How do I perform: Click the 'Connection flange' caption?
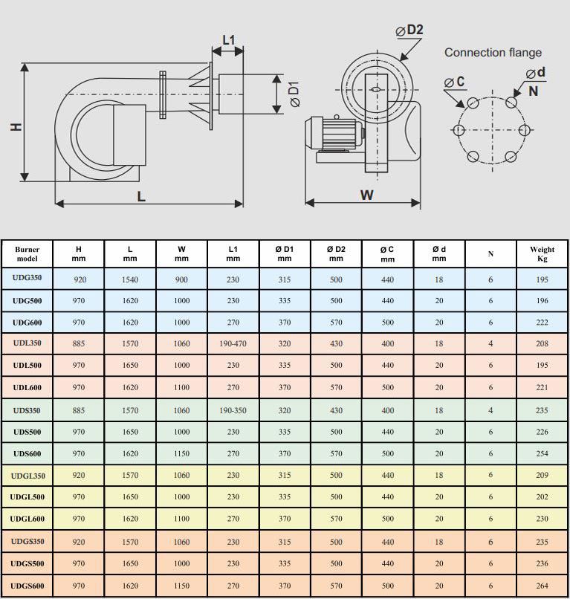point(493,53)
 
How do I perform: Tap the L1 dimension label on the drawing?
point(228,39)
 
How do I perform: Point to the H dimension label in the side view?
point(16,127)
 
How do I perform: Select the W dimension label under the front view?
point(366,195)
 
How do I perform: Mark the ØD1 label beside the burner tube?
point(293,93)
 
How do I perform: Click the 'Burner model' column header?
point(27,254)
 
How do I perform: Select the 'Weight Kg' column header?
point(542,254)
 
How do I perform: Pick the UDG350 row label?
point(27,279)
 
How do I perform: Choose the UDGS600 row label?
point(27,586)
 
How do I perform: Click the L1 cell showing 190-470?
point(233,344)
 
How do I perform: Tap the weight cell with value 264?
point(542,586)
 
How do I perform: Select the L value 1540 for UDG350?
point(130,279)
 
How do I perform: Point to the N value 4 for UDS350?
point(490,409)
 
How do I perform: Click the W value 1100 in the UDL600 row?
point(181,387)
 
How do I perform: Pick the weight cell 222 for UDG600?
point(542,323)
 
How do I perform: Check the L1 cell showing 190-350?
point(233,409)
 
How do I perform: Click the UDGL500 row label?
point(27,497)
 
